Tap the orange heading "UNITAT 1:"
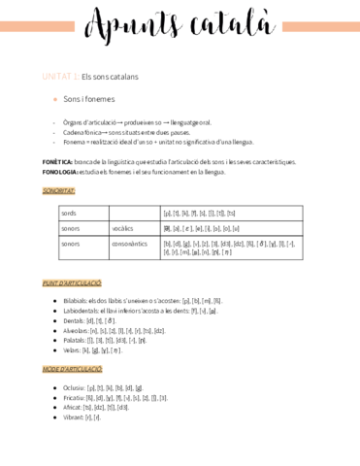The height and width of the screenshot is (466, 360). [x=60, y=76]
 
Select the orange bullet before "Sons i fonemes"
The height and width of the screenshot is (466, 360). [x=55, y=99]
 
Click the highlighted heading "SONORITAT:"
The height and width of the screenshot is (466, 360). [x=59, y=191]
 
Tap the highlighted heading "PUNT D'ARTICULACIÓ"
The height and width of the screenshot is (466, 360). [x=72, y=283]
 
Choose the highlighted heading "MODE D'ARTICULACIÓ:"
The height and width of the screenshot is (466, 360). [x=72, y=370]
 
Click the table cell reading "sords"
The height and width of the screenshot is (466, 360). [x=70, y=213]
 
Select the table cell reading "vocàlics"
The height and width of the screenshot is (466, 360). [x=122, y=228]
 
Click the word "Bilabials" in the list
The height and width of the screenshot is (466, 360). [x=80, y=301]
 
